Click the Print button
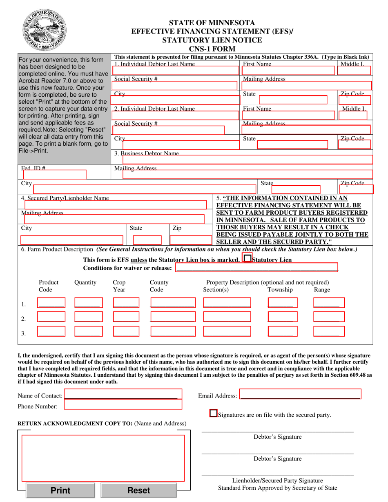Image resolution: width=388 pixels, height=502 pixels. [x=60, y=490]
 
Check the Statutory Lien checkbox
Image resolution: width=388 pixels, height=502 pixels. [x=247, y=258]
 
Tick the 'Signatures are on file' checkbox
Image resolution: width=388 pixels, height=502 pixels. [x=213, y=413]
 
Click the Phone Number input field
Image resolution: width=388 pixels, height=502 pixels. [x=123, y=404]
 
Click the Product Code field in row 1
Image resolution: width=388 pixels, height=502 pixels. [x=51, y=303]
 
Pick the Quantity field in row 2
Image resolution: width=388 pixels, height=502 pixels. [x=88, y=317]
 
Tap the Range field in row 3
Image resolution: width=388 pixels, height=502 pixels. [x=329, y=331]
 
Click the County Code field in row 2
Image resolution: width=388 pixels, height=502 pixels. [x=172, y=317]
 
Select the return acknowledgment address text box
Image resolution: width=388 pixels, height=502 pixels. [x=103, y=458]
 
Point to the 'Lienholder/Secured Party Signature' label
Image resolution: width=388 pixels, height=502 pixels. [x=278, y=480]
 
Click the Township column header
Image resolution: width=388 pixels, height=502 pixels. [x=280, y=290]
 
